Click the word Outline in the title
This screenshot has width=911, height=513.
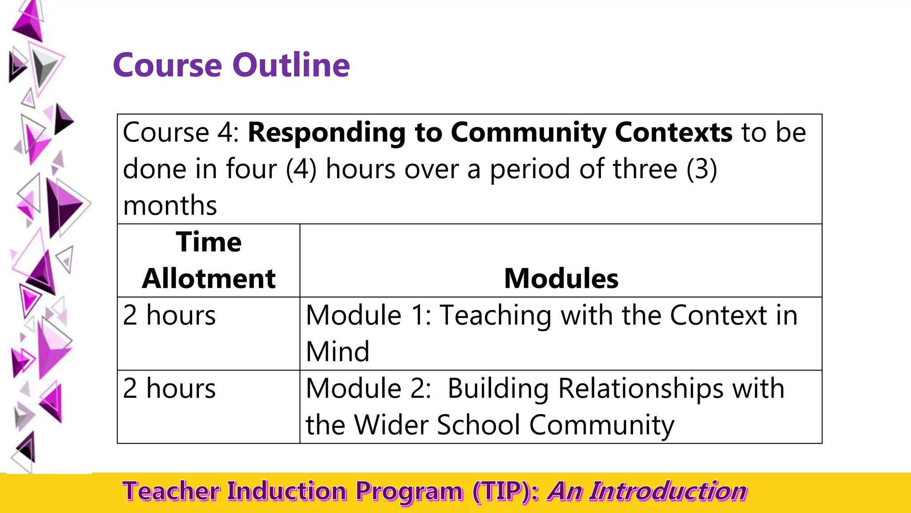point(291,65)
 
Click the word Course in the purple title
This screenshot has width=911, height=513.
point(167,65)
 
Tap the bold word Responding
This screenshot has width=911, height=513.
point(327,132)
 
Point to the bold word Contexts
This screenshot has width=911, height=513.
point(673,132)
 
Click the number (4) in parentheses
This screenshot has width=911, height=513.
point(301,169)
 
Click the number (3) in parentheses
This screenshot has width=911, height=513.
point(701,169)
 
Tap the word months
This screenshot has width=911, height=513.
point(170,206)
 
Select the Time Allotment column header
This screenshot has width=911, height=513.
point(209,261)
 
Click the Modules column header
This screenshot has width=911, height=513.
point(561,279)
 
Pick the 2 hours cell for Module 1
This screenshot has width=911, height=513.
point(169,315)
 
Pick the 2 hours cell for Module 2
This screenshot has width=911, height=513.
point(169,388)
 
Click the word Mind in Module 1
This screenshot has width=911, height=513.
point(338,352)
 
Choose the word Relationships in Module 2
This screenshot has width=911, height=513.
point(641,388)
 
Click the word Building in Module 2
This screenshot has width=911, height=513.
point(498,388)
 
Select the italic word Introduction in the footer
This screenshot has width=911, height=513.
point(668,492)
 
